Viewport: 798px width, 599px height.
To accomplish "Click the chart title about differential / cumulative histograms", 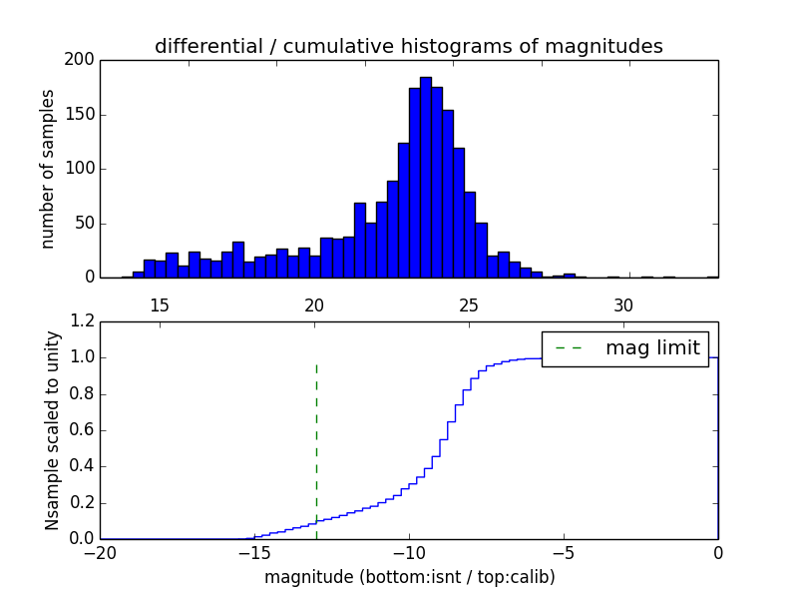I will pyautogui.click(x=408, y=46).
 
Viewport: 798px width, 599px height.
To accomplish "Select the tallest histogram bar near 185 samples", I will pyautogui.click(x=426, y=180).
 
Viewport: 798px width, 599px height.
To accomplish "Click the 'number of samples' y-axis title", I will pyautogui.click(x=48, y=169).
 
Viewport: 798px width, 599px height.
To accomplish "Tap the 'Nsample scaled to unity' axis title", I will pyautogui.click(x=52, y=430).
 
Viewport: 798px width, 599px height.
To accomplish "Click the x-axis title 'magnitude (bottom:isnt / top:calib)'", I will pyautogui.click(x=409, y=577).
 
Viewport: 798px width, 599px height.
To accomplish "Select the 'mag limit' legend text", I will pyautogui.click(x=652, y=348).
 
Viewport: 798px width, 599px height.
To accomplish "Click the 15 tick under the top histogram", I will pyautogui.click(x=160, y=304).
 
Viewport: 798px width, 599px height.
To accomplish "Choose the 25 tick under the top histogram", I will pyautogui.click(x=469, y=304).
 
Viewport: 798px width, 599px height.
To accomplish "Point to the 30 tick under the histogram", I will pyautogui.click(x=623, y=304).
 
